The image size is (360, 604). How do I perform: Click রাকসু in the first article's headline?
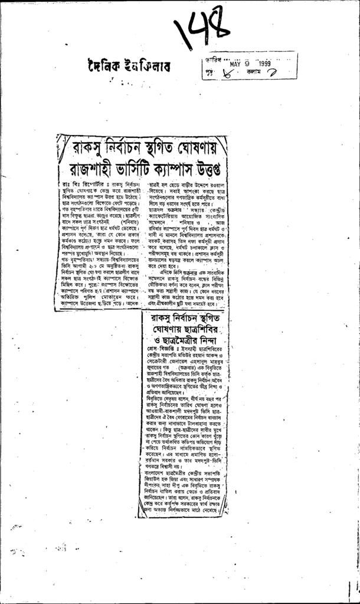point(87,146)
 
